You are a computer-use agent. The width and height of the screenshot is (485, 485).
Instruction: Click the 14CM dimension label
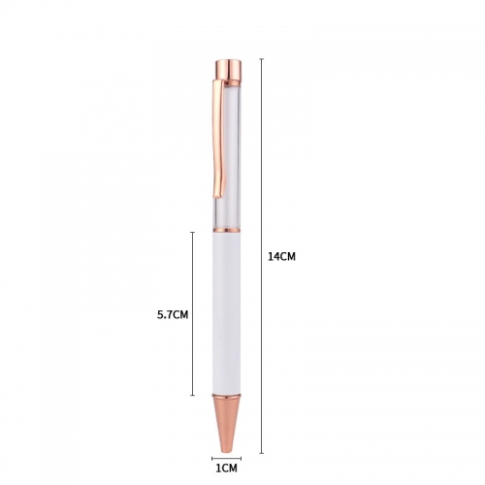281,256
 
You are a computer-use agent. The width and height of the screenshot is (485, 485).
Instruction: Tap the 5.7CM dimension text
173,314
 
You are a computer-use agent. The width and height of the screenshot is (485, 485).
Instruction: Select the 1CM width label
227,468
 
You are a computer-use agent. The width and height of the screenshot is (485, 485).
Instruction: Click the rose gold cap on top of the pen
228,69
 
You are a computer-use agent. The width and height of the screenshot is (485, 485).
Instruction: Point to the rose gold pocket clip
218,139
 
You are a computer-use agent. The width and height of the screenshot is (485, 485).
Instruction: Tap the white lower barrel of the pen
226,313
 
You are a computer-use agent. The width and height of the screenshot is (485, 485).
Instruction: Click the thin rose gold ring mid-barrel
226,230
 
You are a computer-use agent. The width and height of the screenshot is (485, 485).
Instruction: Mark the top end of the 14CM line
262,59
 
